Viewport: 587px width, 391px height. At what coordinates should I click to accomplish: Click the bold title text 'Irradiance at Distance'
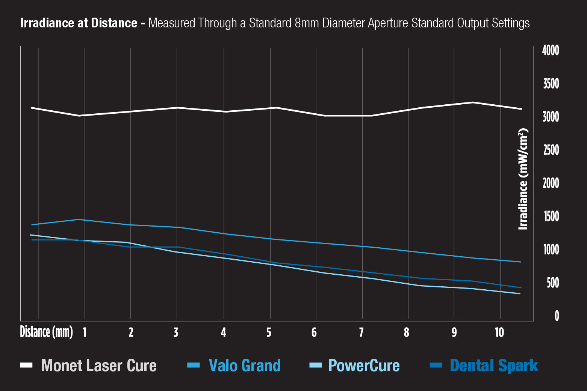[x=79, y=23]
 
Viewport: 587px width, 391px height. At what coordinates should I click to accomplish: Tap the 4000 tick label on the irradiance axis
[x=551, y=50]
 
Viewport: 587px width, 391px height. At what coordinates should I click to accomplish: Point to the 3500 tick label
[x=551, y=84]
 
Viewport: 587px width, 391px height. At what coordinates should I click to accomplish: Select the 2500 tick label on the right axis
[x=551, y=150]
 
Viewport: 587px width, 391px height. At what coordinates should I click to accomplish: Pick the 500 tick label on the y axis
[x=553, y=283]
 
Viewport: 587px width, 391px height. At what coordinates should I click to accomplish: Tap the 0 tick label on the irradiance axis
[x=557, y=316]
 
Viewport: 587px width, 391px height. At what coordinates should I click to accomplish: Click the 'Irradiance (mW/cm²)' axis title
[x=523, y=179]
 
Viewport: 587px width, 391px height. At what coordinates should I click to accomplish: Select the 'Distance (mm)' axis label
[x=46, y=332]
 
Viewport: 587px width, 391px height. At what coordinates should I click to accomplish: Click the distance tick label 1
[x=85, y=332]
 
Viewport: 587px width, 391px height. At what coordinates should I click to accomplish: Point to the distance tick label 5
[x=269, y=332]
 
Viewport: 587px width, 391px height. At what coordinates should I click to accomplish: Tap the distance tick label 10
[x=499, y=332]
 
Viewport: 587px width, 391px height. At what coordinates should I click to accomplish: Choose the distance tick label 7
[x=362, y=332]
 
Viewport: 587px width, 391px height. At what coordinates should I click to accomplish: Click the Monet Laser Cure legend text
[x=99, y=365]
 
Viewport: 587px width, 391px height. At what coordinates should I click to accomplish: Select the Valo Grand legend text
[x=245, y=365]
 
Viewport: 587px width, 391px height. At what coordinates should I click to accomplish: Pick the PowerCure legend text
[x=364, y=365]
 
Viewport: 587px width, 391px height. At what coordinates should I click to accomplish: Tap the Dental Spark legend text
[x=494, y=366]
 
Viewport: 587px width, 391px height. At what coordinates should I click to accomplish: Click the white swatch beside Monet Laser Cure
[x=26, y=365]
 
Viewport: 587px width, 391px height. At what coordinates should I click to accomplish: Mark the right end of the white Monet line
[x=522, y=109]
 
